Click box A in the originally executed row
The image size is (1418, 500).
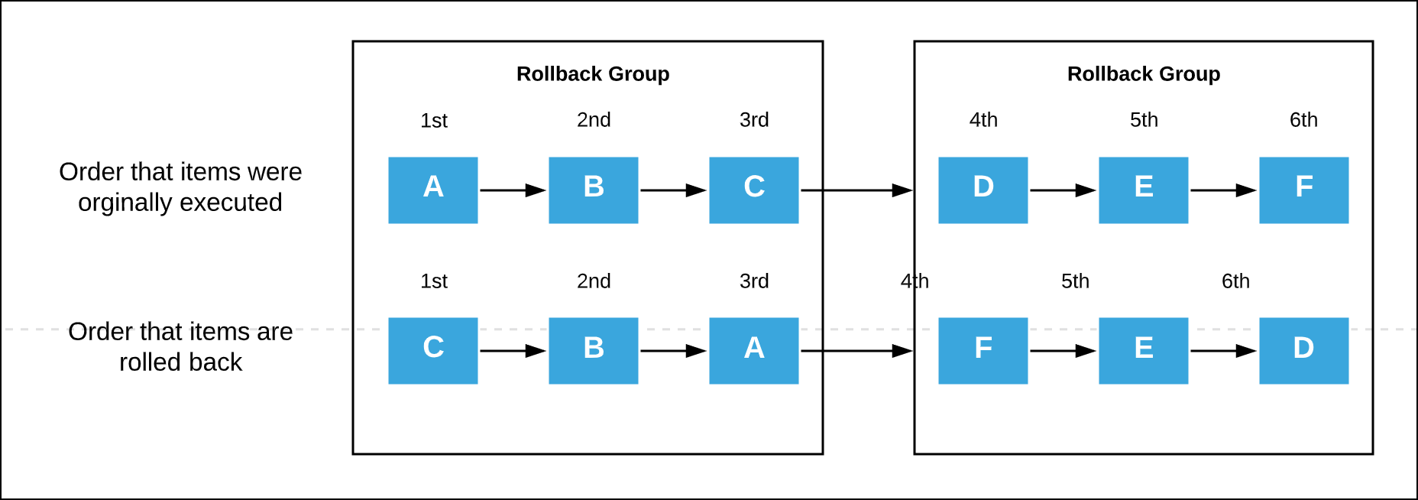(432, 190)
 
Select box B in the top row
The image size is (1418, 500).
(593, 190)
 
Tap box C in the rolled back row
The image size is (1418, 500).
(432, 350)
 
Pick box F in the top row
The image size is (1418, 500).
(1303, 190)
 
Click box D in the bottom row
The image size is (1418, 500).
(1303, 350)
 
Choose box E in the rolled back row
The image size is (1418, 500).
(1143, 350)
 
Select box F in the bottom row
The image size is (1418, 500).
(983, 350)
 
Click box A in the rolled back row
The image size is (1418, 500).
(753, 350)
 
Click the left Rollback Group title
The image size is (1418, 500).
(593, 74)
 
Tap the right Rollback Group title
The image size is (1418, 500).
(1143, 74)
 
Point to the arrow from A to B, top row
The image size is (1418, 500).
(513, 190)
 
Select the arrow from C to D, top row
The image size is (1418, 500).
(856, 190)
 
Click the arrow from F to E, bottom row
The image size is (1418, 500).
(1063, 351)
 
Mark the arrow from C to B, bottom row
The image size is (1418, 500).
(513, 351)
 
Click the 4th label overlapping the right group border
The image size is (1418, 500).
(915, 281)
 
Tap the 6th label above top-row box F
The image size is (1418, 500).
(1303, 120)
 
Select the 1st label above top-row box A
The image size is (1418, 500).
(433, 121)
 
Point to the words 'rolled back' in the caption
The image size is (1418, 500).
(180, 362)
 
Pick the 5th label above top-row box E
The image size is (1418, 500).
(1144, 120)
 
